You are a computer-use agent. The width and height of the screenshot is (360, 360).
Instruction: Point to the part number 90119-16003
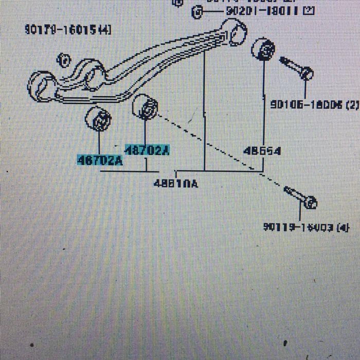coord(299,227)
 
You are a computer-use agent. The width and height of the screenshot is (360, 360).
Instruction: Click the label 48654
coord(262,151)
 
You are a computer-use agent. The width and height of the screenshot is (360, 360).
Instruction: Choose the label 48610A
coord(175,183)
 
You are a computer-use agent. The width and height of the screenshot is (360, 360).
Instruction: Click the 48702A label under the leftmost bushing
coord(100,160)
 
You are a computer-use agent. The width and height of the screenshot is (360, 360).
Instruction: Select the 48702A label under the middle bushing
coord(148,150)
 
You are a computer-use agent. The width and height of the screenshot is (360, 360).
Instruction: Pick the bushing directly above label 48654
coord(263,49)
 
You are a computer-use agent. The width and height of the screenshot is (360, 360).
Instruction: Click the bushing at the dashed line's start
coord(146,106)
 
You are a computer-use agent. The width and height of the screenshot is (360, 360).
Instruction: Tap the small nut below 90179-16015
coord(63,61)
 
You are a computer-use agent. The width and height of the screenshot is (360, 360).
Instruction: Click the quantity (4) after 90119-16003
coord(343,227)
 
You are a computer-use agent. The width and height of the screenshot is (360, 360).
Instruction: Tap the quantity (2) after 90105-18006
coord(352,104)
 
